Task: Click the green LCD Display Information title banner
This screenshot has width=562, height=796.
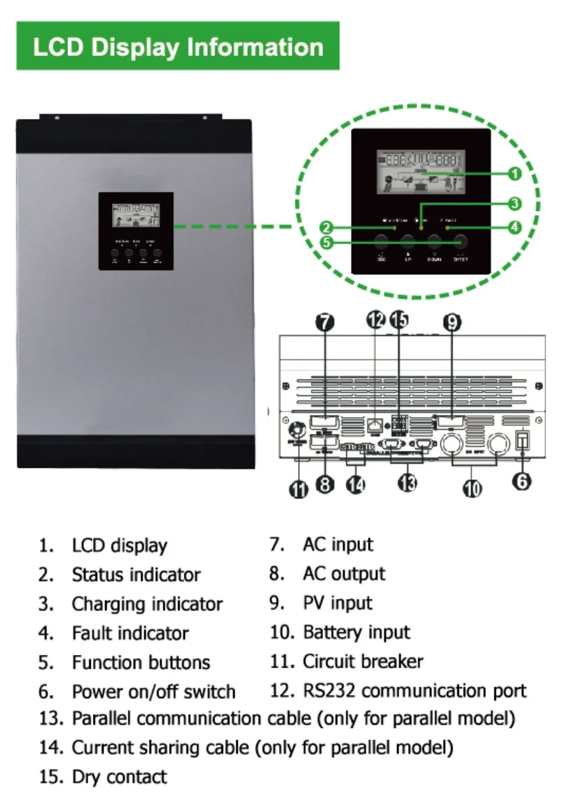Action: (178, 46)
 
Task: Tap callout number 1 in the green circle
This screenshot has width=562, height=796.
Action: (515, 172)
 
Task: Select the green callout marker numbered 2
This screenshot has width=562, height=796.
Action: (326, 227)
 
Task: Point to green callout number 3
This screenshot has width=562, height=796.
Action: (515, 203)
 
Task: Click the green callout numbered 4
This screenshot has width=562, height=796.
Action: (515, 226)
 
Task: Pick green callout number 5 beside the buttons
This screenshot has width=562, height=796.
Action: (326, 242)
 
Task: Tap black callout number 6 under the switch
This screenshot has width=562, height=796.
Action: (521, 481)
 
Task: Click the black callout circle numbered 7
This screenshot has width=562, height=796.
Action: (324, 322)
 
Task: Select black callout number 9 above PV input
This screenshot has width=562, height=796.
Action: (452, 322)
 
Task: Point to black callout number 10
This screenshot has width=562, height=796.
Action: (472, 488)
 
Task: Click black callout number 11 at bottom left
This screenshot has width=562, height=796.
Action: (298, 490)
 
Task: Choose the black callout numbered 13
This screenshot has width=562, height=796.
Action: (407, 483)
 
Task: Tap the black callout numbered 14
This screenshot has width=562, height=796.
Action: (355, 484)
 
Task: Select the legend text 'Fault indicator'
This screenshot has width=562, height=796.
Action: (130, 633)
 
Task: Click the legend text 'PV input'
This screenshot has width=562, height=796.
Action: (338, 603)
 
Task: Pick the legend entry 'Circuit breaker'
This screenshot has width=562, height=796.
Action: (362, 661)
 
